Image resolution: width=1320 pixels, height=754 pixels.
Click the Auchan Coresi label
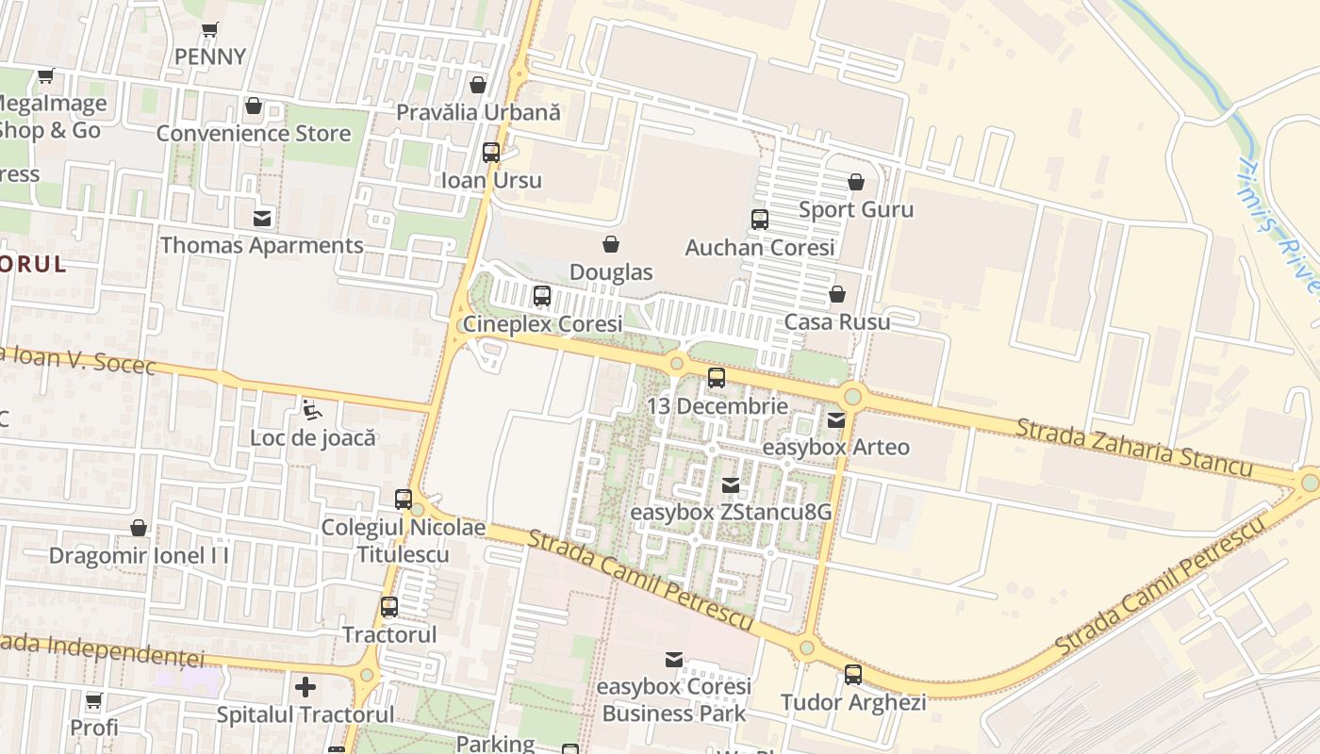tap(760, 248)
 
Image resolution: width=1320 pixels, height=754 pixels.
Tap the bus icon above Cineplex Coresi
tap(541, 296)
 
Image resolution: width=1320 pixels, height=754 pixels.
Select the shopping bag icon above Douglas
tap(611, 244)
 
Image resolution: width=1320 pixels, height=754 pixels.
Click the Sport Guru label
tap(856, 209)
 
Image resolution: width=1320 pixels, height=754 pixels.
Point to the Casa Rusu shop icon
tap(836, 294)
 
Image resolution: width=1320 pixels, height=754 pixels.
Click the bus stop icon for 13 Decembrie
tap(717, 378)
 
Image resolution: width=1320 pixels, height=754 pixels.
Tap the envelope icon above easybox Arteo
tap(836, 420)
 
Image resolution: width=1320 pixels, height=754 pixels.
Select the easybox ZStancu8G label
tap(731, 513)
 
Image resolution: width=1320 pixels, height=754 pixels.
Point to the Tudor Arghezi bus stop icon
tap(853, 675)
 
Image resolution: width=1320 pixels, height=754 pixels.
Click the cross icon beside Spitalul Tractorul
tap(305, 687)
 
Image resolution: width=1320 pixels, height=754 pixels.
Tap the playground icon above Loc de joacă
tap(311, 410)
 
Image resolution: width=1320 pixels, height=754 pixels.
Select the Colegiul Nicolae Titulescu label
tap(404, 540)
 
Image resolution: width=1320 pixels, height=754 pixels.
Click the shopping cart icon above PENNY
tap(209, 29)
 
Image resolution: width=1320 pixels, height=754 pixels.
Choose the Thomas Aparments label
tap(261, 245)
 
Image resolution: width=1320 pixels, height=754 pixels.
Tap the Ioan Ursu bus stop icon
tap(491, 153)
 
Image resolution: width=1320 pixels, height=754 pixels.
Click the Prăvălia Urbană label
tap(478, 112)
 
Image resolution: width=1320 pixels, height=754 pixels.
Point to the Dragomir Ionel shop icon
tap(139, 528)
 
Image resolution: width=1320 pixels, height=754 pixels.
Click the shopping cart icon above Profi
tap(93, 701)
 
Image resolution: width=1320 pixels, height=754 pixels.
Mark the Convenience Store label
tap(253, 133)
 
